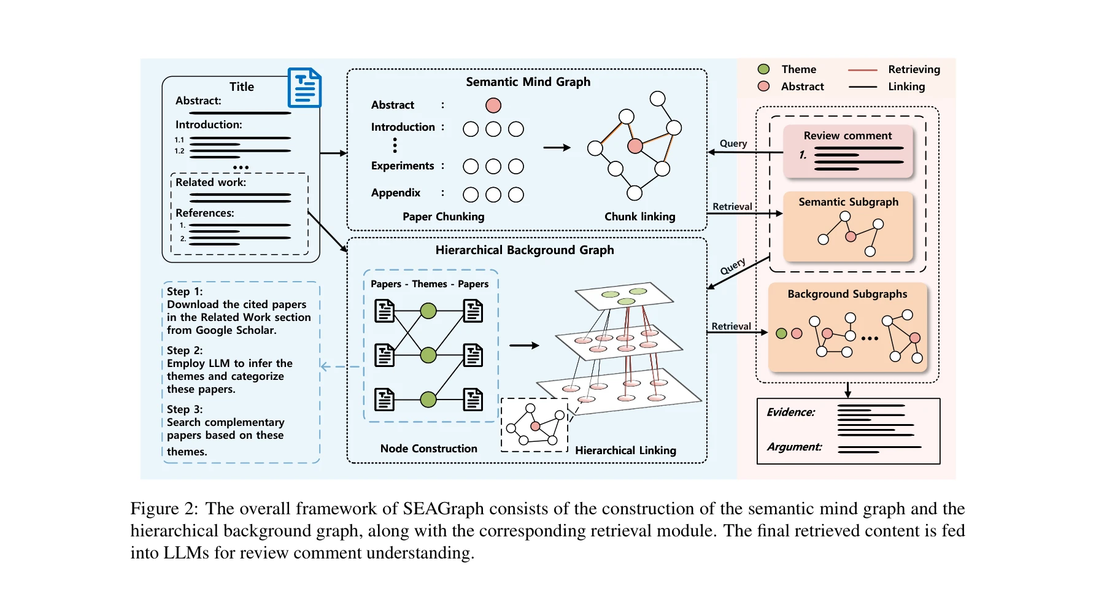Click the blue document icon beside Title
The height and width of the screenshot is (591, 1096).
pyautogui.click(x=304, y=88)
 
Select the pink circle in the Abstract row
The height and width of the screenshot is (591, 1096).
pyautogui.click(x=493, y=106)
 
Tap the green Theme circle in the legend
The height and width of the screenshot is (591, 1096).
pyautogui.click(x=763, y=69)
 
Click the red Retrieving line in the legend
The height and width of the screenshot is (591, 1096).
pyautogui.click(x=862, y=70)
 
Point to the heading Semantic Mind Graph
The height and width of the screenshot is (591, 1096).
pyautogui.click(x=528, y=82)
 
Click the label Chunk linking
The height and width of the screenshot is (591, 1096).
pyautogui.click(x=639, y=217)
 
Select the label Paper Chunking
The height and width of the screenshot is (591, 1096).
pyautogui.click(x=443, y=217)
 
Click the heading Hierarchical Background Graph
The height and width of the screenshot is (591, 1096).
pyautogui.click(x=524, y=250)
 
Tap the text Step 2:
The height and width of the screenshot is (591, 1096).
pyautogui.click(x=184, y=350)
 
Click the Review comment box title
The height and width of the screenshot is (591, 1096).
pyautogui.click(x=847, y=136)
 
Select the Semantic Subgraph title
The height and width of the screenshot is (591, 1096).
pyautogui.click(x=848, y=202)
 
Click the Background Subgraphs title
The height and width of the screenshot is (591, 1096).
pyautogui.click(x=847, y=294)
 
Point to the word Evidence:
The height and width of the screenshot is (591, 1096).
pyautogui.click(x=790, y=412)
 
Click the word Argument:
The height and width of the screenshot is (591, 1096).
pyautogui.click(x=793, y=447)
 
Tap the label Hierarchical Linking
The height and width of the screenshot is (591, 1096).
pyautogui.click(x=625, y=450)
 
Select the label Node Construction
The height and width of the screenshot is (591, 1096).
pyautogui.click(x=428, y=449)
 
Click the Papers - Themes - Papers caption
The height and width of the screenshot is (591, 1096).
pyautogui.click(x=430, y=284)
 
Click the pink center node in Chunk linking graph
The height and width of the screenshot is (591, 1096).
pyautogui.click(x=635, y=146)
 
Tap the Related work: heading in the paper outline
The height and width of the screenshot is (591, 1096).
pyautogui.click(x=210, y=182)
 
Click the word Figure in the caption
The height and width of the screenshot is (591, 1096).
pyautogui.click(x=154, y=509)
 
